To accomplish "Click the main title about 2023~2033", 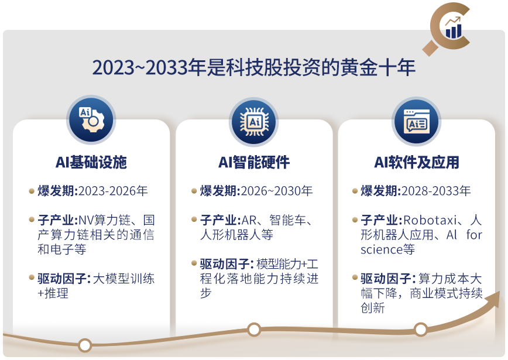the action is [253, 67].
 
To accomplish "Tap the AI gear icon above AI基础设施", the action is [91, 119].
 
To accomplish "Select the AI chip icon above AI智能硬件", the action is [253, 122].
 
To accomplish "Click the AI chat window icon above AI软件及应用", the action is [416, 121].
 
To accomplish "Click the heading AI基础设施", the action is [91, 162].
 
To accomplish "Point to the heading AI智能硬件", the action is [253, 162].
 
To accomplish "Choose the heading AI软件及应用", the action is [417, 162].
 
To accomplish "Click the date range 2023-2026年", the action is [113, 191].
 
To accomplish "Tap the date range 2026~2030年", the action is [277, 191].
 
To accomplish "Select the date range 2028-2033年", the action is [436, 191].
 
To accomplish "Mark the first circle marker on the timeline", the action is [85, 345].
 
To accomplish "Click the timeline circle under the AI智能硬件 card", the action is [254, 330].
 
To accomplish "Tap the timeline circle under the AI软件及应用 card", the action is [421, 330].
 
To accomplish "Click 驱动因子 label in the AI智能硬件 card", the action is [226, 264].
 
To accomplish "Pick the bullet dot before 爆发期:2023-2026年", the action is [32, 191].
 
